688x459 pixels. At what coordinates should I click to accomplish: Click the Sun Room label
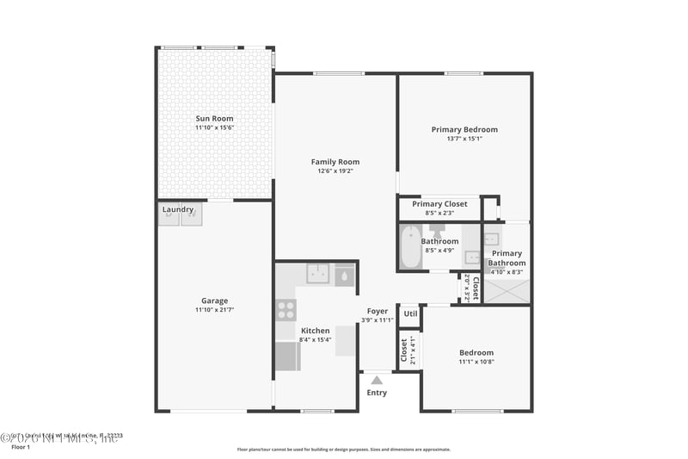214,119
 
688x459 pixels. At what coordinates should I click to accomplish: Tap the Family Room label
335,162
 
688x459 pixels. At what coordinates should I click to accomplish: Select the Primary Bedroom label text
464,130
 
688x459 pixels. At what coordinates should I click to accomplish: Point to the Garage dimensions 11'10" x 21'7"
214,310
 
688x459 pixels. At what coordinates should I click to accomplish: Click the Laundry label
178,209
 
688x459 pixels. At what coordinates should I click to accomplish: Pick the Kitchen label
315,331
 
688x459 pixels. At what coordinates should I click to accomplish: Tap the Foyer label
377,311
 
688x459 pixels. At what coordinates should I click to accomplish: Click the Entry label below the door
377,393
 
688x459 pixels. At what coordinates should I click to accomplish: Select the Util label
410,313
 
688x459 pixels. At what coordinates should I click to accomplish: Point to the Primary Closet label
439,204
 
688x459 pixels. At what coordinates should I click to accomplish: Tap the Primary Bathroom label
507,258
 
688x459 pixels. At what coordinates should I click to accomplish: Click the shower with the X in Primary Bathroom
507,290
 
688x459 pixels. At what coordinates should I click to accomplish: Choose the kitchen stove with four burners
286,310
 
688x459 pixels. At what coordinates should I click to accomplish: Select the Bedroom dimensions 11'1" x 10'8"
476,362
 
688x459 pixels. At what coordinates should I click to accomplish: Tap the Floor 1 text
20,448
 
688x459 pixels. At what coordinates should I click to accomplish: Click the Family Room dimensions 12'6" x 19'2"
335,171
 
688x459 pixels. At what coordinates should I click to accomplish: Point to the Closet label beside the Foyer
402,349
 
